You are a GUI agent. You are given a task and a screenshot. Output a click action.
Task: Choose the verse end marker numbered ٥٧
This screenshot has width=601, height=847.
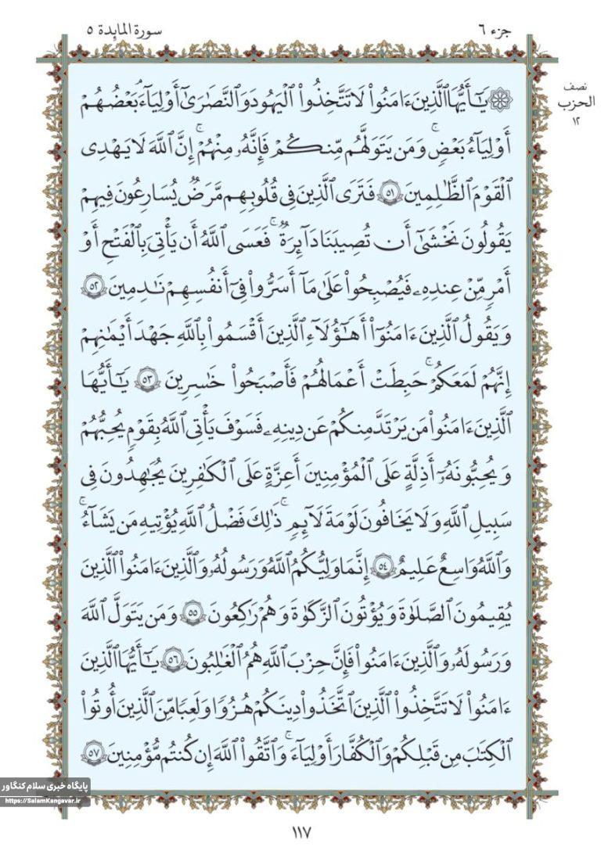pos(91,751)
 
